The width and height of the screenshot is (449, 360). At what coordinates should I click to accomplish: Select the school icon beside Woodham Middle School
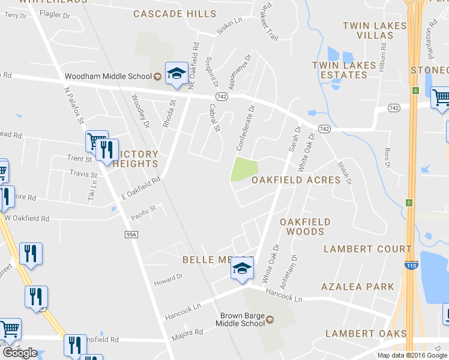point(176,74)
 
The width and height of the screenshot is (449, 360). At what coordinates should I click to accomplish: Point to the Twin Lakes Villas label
point(368,30)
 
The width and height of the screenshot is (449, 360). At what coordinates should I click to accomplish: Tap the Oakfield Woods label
point(305,227)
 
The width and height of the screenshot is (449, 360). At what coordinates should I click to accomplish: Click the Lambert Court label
point(368,248)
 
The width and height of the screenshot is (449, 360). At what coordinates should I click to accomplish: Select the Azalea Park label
point(358,287)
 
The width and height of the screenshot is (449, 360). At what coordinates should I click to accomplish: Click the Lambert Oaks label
point(366,334)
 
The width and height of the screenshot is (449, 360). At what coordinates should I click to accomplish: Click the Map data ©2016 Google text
point(412,355)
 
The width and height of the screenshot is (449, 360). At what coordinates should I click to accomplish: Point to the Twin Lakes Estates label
point(340,70)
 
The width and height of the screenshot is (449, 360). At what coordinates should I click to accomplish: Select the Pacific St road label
point(143,209)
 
